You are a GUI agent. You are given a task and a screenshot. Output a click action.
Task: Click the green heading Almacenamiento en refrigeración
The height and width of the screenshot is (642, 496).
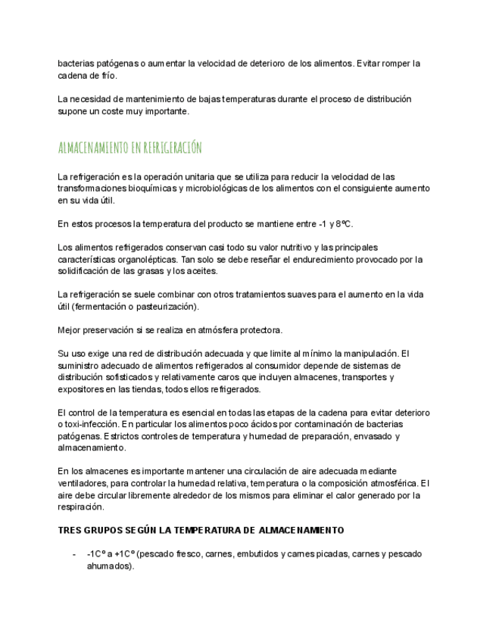point(129,147)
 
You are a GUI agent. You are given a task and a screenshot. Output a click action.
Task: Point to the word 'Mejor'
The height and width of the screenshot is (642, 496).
point(70,330)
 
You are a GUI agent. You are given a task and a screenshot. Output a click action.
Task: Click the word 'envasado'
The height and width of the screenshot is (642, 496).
point(371,436)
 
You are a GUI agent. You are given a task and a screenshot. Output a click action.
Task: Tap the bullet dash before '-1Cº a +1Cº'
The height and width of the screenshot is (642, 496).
point(73,554)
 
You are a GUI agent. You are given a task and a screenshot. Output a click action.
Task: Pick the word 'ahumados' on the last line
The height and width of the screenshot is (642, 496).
point(108,566)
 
